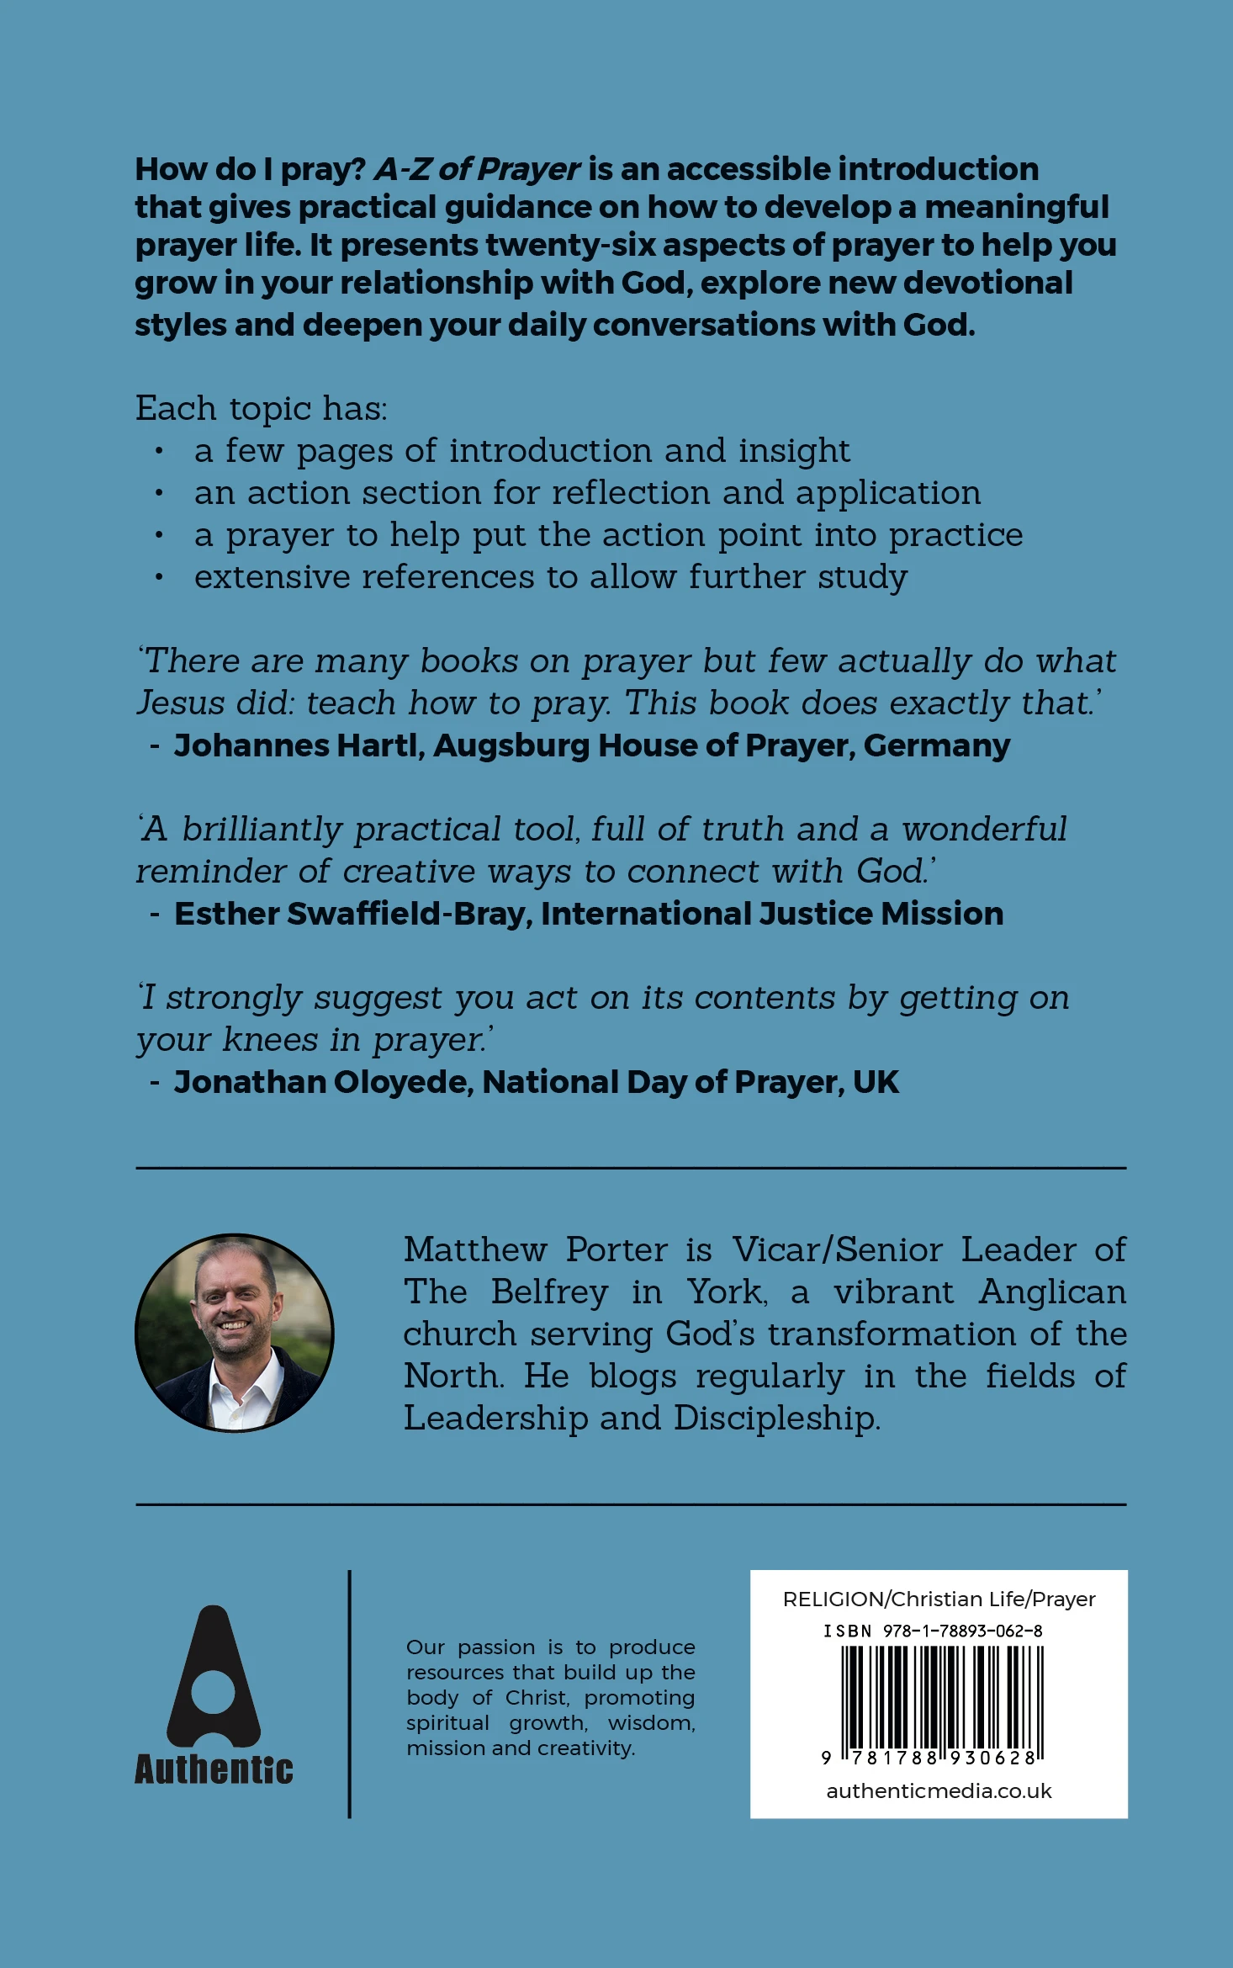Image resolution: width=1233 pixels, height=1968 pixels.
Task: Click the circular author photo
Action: [x=235, y=1333]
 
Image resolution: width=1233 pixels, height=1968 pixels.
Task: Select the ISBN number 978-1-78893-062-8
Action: [x=962, y=1631]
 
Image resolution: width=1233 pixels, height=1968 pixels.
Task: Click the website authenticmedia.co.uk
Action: [x=939, y=1790]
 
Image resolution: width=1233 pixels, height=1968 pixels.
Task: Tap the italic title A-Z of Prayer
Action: [x=477, y=169]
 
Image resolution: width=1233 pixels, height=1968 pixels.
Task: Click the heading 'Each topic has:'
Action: [x=262, y=409]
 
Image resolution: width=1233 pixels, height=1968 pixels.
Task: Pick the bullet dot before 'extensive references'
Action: [x=158, y=578]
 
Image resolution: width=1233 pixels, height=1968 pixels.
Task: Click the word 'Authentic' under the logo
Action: [x=214, y=1769]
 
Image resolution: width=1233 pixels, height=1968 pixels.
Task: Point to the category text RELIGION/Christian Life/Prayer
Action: [x=939, y=1599]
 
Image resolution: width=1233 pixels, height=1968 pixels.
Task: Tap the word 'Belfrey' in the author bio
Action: [x=549, y=1292]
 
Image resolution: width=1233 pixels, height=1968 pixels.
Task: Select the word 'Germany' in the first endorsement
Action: [x=937, y=745]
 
